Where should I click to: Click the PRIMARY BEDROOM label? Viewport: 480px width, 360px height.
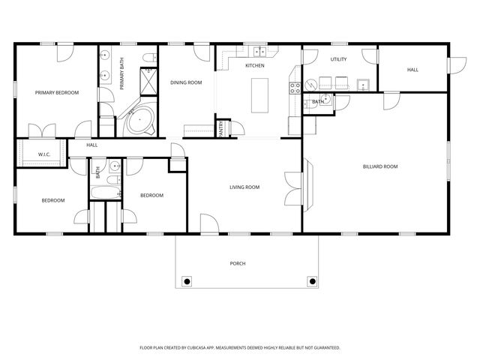pyautogui.click(x=57, y=93)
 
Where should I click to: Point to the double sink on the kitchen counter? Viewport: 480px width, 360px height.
pyautogui.click(x=259, y=52)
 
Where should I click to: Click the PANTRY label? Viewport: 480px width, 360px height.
pyautogui.click(x=221, y=130)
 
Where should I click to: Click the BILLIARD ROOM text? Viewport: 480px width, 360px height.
pyautogui.click(x=379, y=166)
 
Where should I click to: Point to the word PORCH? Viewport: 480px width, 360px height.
pyautogui.click(x=238, y=263)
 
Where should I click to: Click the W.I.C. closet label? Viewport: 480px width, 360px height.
pyautogui.click(x=43, y=154)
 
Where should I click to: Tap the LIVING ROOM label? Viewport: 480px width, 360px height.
pyautogui.click(x=244, y=187)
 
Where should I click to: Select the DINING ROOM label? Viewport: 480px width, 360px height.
pyautogui.click(x=186, y=82)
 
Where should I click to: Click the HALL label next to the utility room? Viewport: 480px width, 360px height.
pyautogui.click(x=412, y=70)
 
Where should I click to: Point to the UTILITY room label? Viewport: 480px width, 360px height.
pyautogui.click(x=338, y=58)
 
